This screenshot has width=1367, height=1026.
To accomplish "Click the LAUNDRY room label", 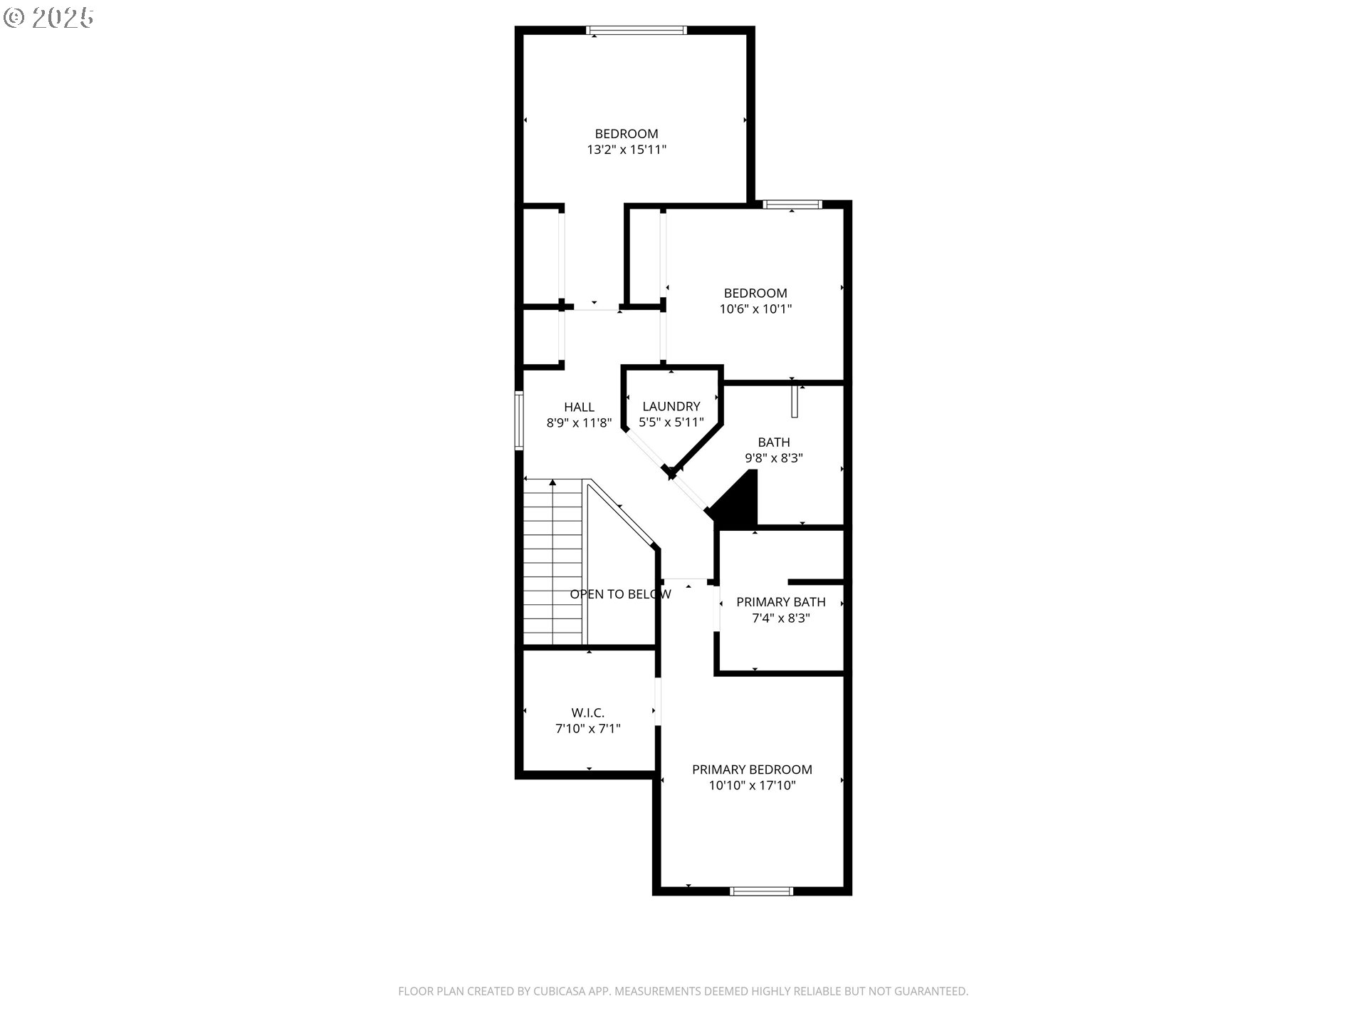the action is tap(671, 406).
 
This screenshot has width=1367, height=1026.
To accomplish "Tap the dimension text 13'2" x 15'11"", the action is tap(627, 150).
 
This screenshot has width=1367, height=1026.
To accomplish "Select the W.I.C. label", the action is tap(588, 712).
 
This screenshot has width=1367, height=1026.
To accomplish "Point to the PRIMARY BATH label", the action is tap(781, 602).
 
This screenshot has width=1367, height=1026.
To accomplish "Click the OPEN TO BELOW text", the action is tap(620, 594).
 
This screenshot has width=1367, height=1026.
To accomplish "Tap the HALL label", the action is tap(579, 407).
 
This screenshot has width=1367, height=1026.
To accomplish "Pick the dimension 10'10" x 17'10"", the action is tap(752, 786).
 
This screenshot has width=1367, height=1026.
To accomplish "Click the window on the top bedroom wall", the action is tap(636, 31).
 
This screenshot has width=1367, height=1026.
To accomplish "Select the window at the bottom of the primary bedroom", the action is tap(761, 891).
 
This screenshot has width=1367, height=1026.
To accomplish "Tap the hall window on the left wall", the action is tap(519, 420).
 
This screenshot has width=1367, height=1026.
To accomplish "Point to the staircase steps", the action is tap(553, 562).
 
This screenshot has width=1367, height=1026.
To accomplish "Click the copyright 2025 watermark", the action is tap(48, 18).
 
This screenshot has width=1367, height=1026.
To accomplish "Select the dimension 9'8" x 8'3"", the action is tap(774, 458).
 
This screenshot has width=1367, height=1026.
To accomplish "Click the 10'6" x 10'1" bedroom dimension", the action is tap(755, 309).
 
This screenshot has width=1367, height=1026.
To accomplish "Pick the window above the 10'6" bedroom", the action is tap(792, 204).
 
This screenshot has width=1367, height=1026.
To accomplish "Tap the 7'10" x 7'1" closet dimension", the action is tap(588, 729).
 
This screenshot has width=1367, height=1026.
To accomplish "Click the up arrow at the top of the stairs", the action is tap(553, 483).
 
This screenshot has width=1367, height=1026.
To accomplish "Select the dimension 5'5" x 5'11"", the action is tap(671, 423).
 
